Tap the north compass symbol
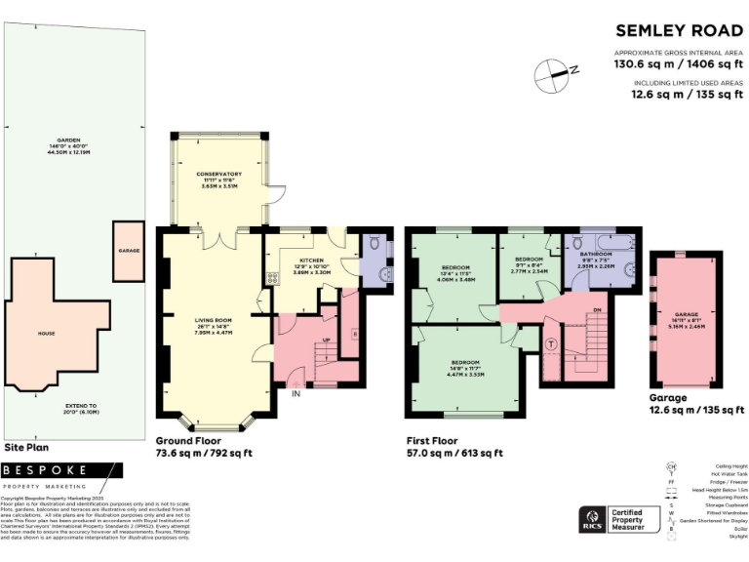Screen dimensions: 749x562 pos(555,71)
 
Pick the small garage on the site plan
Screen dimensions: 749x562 pos(129,252)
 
